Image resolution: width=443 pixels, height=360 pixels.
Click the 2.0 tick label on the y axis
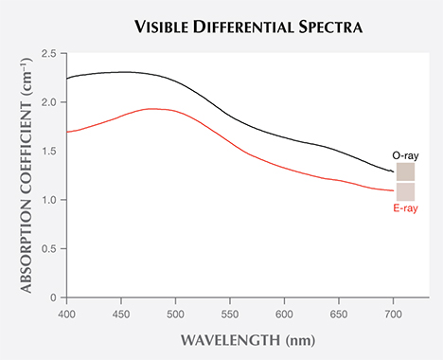[x=50, y=101]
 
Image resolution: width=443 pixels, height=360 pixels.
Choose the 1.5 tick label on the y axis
[x=50, y=151]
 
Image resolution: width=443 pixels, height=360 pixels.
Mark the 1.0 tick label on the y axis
[x=50, y=200]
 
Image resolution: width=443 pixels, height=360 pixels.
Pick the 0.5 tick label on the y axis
[x=50, y=249]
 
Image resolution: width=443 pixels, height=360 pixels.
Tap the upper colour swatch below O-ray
[x=405, y=171]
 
